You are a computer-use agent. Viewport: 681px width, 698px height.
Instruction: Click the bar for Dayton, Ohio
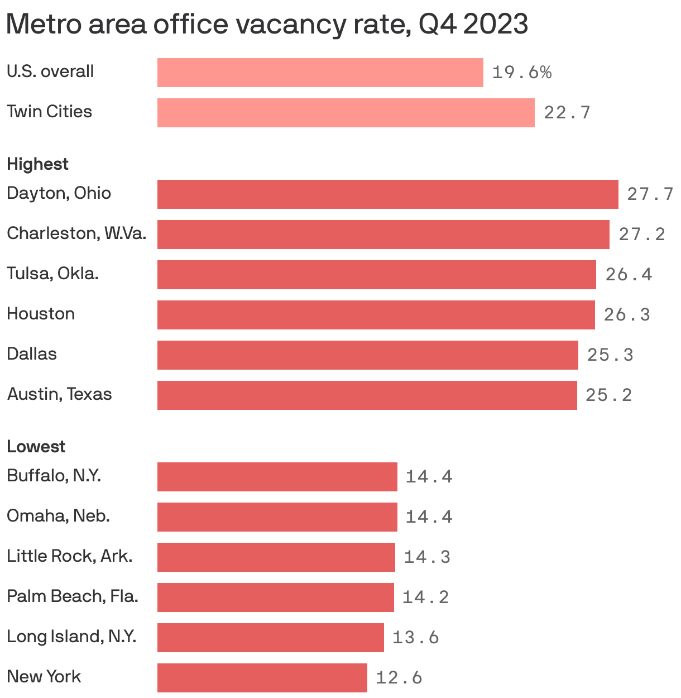coord(387,194)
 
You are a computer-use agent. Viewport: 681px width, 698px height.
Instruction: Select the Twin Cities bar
coord(346,113)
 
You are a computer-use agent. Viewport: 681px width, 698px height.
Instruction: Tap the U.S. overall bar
coord(320,73)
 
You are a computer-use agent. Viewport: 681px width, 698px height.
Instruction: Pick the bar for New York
coord(262,678)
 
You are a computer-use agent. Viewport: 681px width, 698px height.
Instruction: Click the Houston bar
coord(376,315)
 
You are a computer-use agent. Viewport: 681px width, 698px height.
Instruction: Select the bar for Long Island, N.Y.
coord(270,638)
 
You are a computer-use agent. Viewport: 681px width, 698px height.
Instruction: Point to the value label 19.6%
coord(521,73)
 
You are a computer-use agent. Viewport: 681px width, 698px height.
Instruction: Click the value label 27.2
coord(641,235)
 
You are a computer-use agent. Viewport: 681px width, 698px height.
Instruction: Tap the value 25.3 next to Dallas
coord(610,355)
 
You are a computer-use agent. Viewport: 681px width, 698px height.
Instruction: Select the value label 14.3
coord(426,557)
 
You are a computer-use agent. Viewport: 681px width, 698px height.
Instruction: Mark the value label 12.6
coord(399,678)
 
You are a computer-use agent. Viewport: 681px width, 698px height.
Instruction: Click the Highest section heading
coord(37,164)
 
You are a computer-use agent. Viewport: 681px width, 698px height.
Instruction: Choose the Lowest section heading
coord(36,447)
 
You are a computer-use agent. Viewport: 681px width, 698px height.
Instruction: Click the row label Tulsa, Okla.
coord(52,274)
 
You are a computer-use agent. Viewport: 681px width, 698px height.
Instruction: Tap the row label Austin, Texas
coord(59,394)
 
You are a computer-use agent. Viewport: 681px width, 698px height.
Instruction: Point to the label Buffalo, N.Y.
coord(54,476)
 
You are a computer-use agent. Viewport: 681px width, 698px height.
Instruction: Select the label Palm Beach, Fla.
coord(72,596)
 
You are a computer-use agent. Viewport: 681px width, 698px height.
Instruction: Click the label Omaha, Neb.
coord(58,516)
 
